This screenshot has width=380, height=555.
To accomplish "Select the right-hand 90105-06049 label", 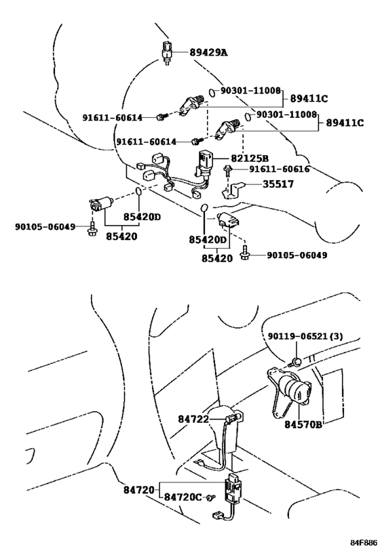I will coord(297,255).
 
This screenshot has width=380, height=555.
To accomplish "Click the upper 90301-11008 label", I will coord(250,90).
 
